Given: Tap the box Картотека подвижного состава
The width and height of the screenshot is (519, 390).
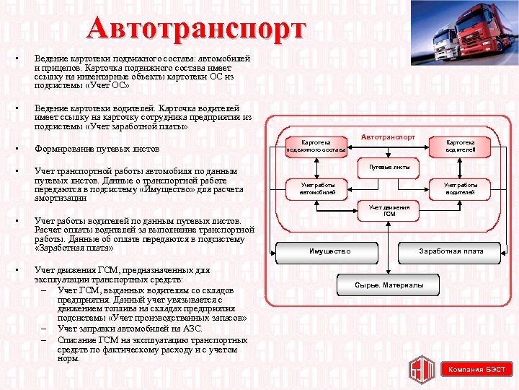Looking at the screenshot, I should click(316, 146).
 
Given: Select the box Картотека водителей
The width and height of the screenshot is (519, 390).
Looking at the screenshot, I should click(460, 146).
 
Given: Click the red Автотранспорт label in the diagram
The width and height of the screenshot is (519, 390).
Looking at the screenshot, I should click(388, 136).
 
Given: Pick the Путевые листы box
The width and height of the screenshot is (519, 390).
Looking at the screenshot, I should click(389, 167).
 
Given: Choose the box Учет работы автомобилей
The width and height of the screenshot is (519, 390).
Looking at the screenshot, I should click(317, 188).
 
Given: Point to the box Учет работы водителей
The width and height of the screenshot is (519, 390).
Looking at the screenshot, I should click(460, 188).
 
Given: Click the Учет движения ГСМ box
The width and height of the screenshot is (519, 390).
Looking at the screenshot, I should click(389, 211).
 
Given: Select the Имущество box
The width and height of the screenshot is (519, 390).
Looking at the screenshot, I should click(329, 251).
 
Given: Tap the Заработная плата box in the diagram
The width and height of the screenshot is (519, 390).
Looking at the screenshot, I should click(451, 251).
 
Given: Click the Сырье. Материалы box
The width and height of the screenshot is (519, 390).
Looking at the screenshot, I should click(389, 285).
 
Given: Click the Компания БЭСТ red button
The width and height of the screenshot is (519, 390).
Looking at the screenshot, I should click(476, 370).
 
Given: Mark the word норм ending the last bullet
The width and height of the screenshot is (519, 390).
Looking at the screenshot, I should click(68, 357).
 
